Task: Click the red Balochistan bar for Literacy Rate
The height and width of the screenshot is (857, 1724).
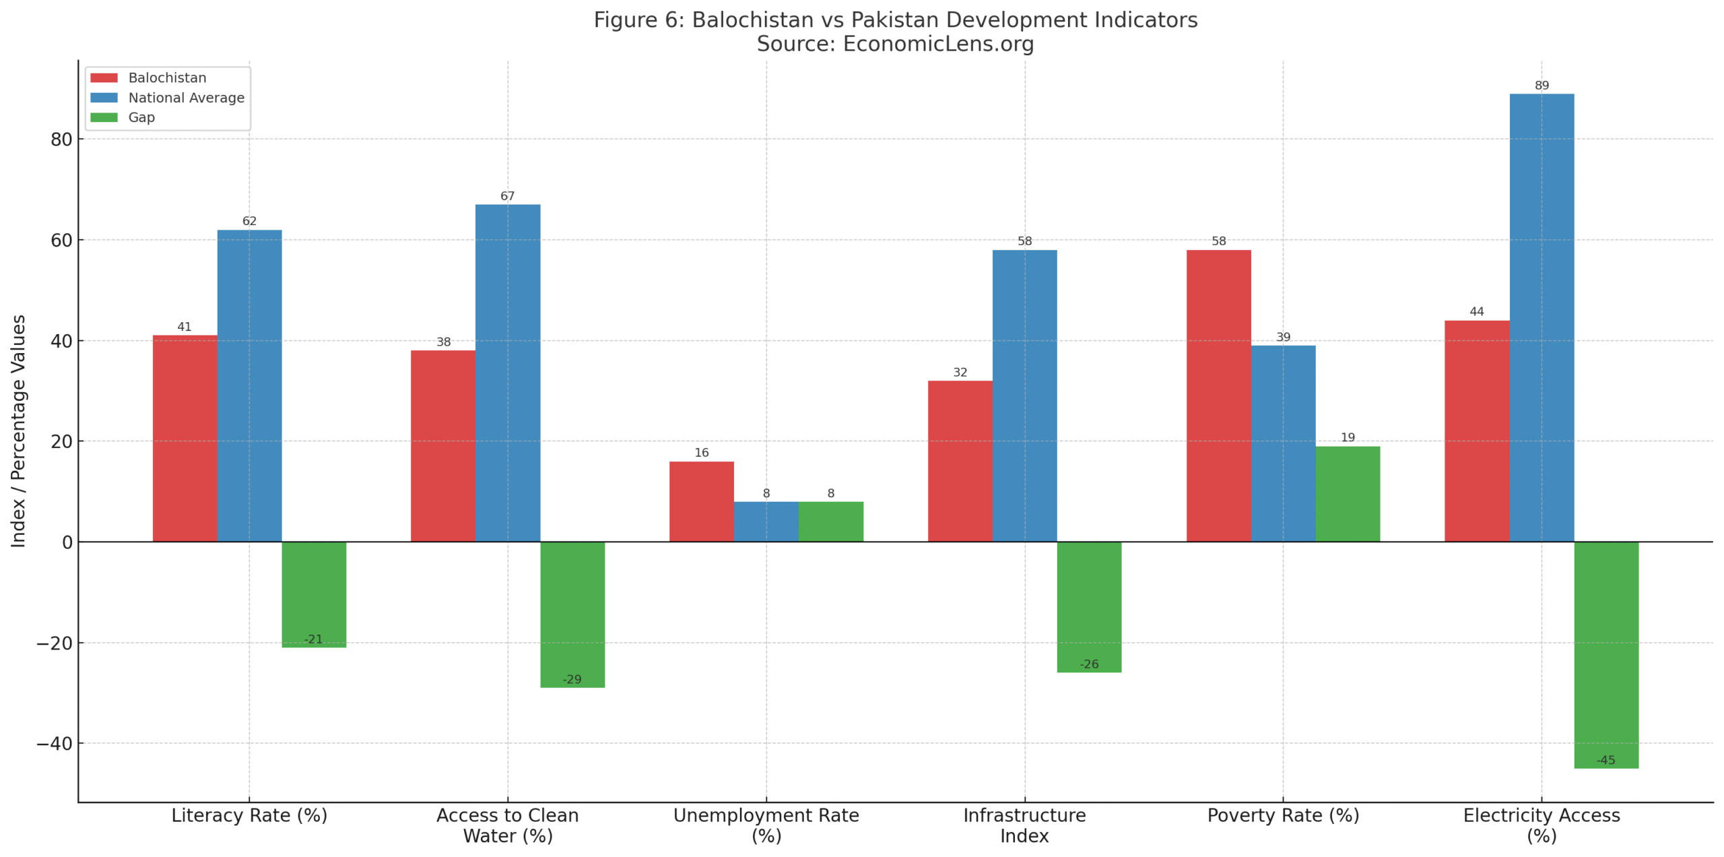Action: (x=185, y=438)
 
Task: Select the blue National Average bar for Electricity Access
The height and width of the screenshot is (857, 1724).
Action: (x=1541, y=317)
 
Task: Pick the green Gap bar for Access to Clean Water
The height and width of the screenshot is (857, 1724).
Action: (x=572, y=613)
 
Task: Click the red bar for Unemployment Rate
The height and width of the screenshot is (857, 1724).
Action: (x=701, y=501)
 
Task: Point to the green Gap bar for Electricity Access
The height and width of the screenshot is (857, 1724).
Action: (x=1605, y=654)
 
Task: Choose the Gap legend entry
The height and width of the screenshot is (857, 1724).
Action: (x=141, y=117)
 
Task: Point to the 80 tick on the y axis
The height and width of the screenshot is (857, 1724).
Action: (x=61, y=139)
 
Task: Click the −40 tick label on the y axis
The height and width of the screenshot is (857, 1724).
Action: (x=54, y=744)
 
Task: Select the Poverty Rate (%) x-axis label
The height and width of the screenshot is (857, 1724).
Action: (x=1282, y=815)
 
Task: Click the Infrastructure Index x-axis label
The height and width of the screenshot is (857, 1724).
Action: (x=1024, y=825)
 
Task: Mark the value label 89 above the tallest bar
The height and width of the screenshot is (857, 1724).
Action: (x=1541, y=86)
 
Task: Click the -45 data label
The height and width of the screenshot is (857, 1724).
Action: (x=1605, y=760)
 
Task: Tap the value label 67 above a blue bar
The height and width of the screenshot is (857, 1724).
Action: (x=507, y=196)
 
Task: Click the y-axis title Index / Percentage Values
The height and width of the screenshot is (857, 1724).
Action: (x=18, y=431)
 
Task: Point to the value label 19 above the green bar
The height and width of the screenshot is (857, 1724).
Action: (x=1347, y=437)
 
